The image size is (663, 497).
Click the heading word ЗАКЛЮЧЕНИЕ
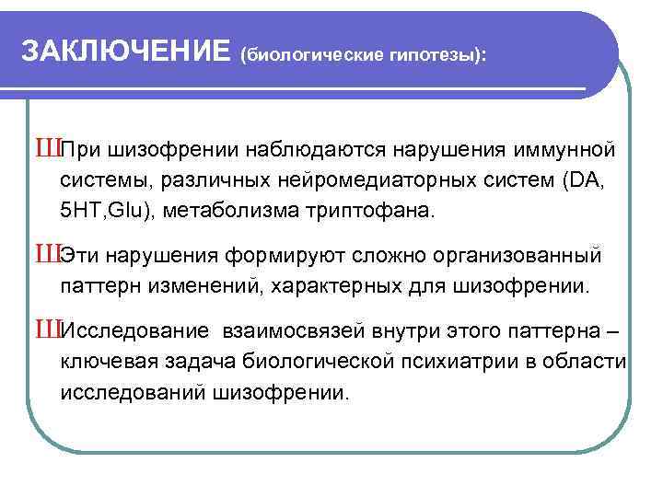click(124, 52)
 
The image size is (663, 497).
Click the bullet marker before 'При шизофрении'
click(47, 148)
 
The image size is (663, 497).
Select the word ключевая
click(102, 363)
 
